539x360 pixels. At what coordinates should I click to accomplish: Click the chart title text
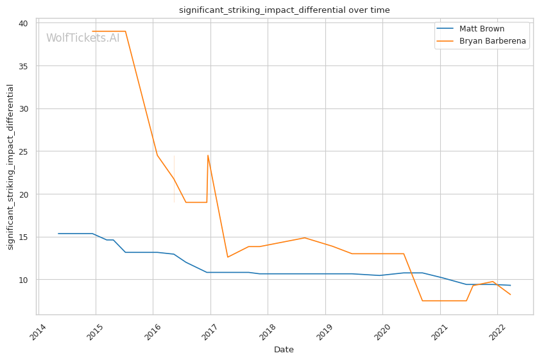pyautogui.click(x=284, y=10)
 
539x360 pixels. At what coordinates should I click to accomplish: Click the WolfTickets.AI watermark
pyautogui.click(x=83, y=38)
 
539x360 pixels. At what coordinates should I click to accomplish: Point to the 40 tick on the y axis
pyautogui.click(x=23, y=24)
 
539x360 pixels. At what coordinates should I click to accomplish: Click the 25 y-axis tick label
pyautogui.click(x=23, y=152)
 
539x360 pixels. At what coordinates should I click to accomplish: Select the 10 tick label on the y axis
pyautogui.click(x=23, y=280)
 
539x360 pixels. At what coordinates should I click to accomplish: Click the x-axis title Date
pyautogui.click(x=284, y=350)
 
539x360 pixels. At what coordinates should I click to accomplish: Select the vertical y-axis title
pyautogui.click(x=10, y=167)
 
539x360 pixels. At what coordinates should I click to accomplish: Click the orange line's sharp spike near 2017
pyautogui.click(x=208, y=155)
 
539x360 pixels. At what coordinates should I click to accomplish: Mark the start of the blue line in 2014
pyautogui.click(x=58, y=234)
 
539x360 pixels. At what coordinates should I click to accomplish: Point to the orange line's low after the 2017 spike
pyautogui.click(x=227, y=257)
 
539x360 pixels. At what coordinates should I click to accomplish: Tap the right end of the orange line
pyautogui.click(x=510, y=295)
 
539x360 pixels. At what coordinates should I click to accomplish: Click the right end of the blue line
pyautogui.click(x=510, y=285)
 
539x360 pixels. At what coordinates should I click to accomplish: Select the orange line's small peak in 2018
pyautogui.click(x=305, y=237)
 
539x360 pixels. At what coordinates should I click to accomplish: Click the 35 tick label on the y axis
pyautogui.click(x=23, y=66)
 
